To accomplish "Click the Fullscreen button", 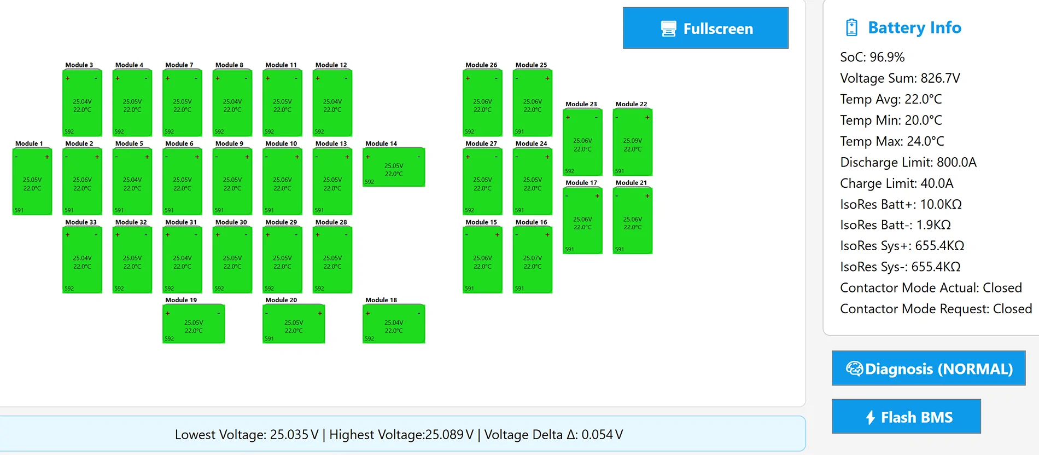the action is click(705, 28).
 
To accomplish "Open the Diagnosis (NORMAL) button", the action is click(929, 368).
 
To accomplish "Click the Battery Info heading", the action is click(914, 27).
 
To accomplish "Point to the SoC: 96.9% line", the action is click(872, 57).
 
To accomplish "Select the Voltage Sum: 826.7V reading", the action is click(900, 78).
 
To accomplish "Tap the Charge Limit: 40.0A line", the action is click(897, 183).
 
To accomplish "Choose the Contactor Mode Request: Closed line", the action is click(936, 309).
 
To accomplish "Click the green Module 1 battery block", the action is click(32, 181).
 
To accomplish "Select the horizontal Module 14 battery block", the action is click(394, 167).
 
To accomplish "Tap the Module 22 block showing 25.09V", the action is click(633, 142).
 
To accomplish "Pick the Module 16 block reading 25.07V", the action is click(533, 260).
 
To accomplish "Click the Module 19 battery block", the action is click(194, 324).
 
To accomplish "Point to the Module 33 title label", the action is click(81, 222).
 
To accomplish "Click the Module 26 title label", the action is click(481, 65).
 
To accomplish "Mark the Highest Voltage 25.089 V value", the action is click(450, 435).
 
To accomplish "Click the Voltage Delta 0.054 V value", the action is click(602, 435).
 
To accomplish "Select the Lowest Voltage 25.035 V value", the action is click(294, 435).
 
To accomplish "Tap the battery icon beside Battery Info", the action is click(851, 27).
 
